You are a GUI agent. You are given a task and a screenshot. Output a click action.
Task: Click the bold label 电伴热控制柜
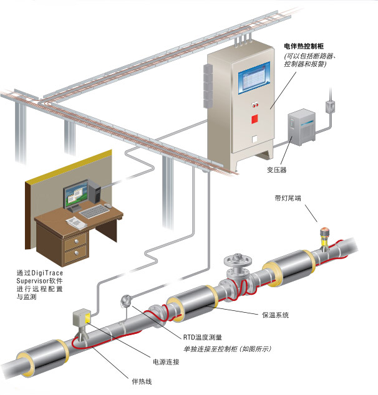pos(308,46)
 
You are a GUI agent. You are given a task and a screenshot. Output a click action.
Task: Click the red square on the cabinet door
pos(254,118)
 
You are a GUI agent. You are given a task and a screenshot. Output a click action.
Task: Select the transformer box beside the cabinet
pos(303,128)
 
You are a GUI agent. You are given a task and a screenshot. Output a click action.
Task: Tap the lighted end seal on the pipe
pos(324,236)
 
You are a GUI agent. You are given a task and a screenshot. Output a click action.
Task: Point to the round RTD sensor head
pos(125,301)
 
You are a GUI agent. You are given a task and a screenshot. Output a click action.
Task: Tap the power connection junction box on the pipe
pos(82,318)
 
